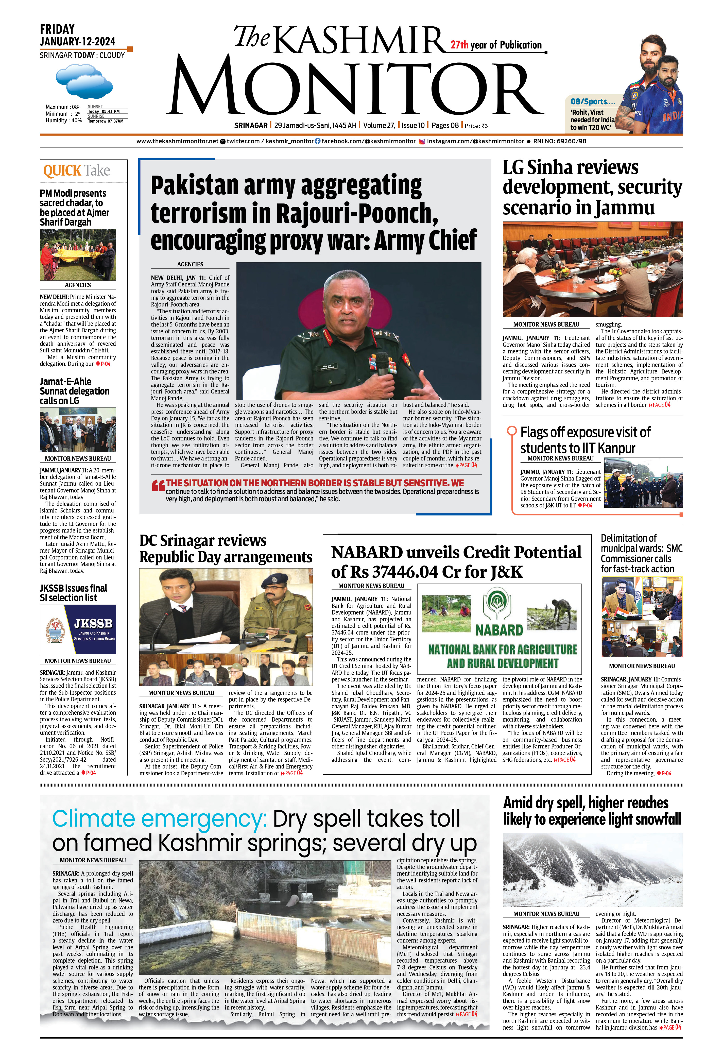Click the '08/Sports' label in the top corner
[592, 102]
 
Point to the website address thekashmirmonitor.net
[177, 141]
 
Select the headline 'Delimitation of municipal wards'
[641, 553]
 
